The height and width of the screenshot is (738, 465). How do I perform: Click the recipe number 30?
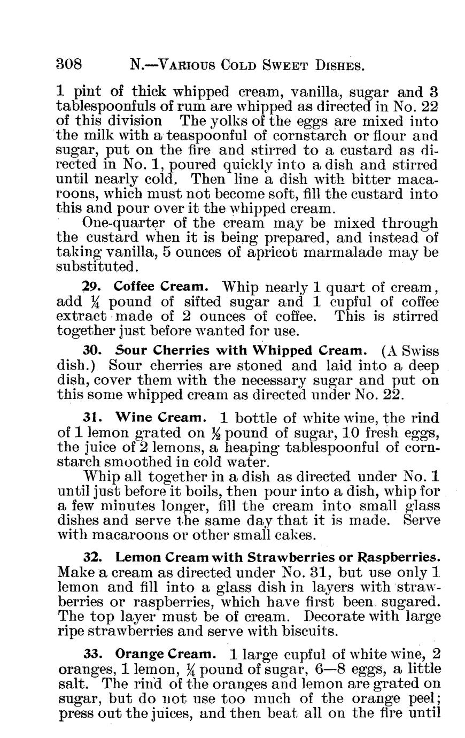click(x=94, y=351)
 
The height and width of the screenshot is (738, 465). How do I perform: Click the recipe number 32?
click(x=94, y=557)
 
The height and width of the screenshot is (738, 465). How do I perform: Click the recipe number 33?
click(x=94, y=655)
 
